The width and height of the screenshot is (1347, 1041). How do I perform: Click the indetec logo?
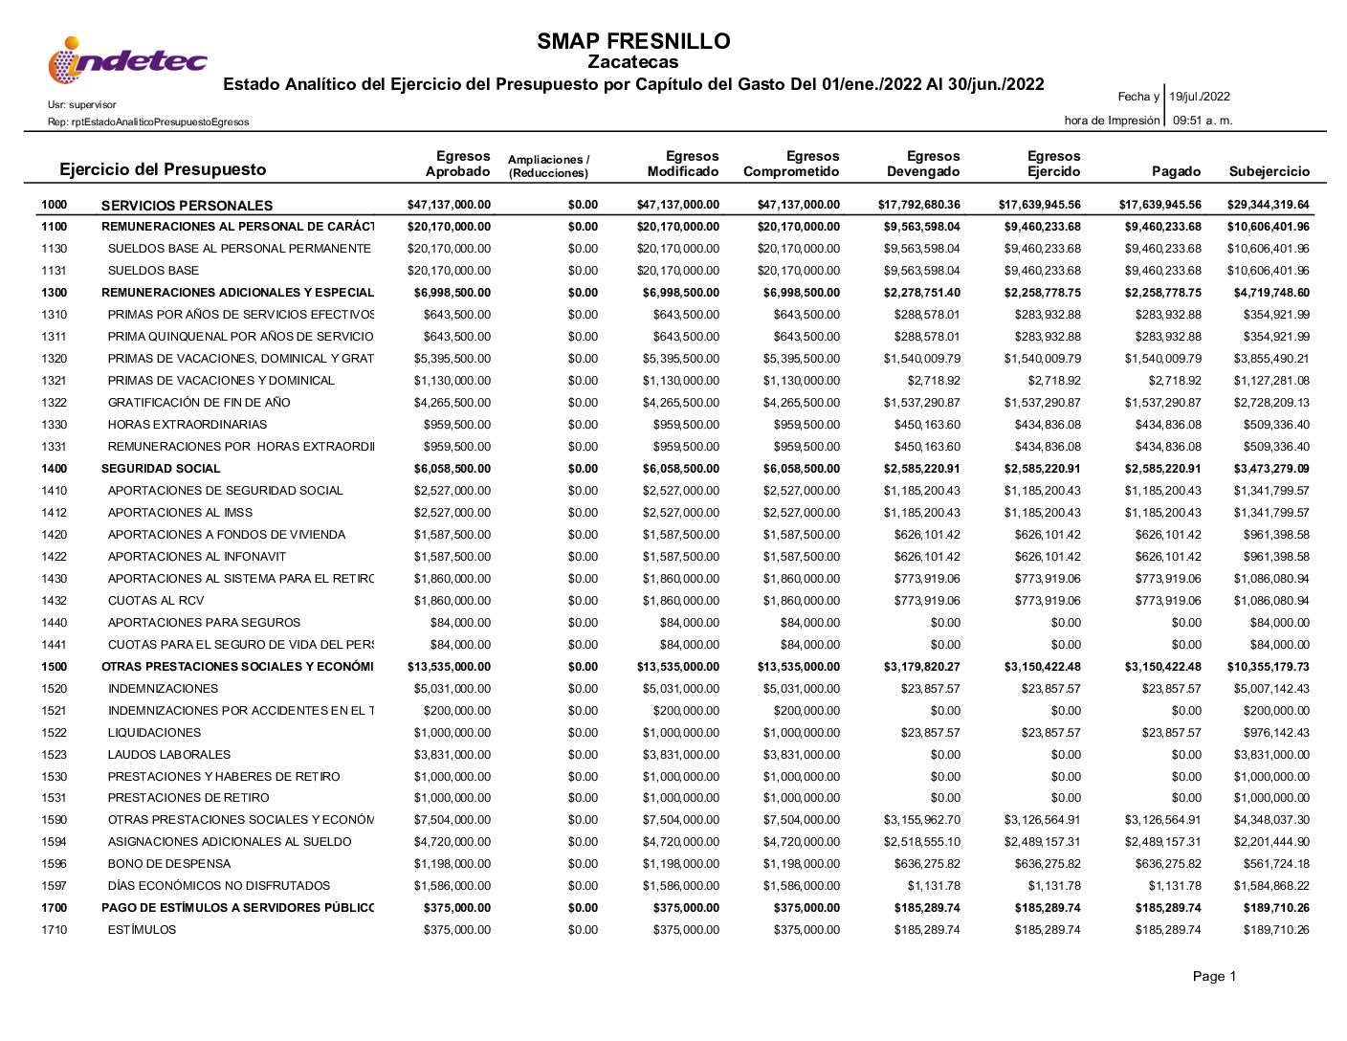coord(127,60)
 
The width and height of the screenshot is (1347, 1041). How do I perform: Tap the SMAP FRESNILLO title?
coord(633,41)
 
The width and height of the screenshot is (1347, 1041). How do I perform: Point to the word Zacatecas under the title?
coord(633,62)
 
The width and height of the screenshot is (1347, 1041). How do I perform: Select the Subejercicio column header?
coord(1269,171)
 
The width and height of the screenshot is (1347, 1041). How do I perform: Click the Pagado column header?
coord(1176,171)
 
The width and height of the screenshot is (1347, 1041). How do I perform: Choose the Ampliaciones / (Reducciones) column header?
coord(548,166)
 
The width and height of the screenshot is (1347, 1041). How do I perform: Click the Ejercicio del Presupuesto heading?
coord(163,169)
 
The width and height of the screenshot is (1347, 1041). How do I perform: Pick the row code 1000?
coord(55,205)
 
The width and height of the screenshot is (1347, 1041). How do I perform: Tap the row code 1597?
coord(55,886)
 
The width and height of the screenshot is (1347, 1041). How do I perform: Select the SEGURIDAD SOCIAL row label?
coord(161,469)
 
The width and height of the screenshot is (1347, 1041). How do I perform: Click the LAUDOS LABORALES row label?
coord(169,755)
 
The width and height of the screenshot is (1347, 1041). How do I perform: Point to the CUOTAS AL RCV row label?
coord(156,601)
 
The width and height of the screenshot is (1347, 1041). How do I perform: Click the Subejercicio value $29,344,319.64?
coord(1268,205)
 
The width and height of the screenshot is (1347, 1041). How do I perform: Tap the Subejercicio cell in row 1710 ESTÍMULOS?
coord(1276,930)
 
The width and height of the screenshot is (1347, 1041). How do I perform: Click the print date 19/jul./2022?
coord(1200,97)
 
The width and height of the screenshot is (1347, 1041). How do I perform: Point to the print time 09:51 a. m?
coord(1202,121)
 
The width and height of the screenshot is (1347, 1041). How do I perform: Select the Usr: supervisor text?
coord(81,104)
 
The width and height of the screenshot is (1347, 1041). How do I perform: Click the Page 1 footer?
coord(1214,976)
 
